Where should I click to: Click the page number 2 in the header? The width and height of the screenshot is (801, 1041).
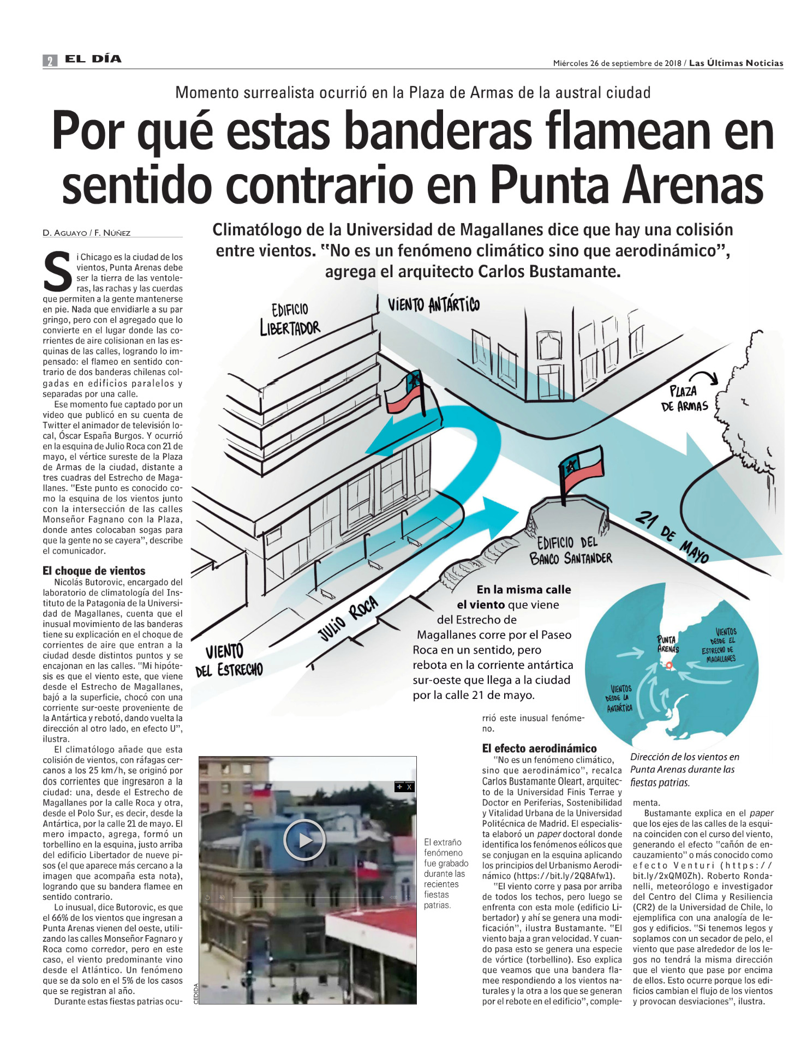[x=50, y=61]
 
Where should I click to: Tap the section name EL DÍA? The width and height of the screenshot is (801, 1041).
[x=93, y=59]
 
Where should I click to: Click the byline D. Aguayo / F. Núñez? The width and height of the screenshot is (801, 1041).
[x=87, y=233]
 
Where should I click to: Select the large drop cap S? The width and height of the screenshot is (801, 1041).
[x=57, y=271]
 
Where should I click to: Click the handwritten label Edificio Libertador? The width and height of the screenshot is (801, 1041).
[x=290, y=319]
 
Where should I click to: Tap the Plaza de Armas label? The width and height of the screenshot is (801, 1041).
[x=684, y=399]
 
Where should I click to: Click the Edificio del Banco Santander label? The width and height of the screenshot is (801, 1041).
[x=570, y=551]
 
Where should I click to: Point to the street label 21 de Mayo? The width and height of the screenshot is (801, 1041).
[x=672, y=537]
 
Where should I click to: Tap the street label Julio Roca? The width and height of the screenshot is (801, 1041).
[x=348, y=619]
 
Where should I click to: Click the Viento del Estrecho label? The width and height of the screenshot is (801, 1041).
[x=229, y=660]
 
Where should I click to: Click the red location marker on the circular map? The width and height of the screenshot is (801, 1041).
[x=669, y=665]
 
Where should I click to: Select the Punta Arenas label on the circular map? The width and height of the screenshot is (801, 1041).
[x=668, y=644]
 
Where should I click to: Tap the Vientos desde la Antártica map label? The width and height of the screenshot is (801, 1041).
[x=620, y=698]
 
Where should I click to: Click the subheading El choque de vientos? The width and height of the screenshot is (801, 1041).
[x=94, y=571]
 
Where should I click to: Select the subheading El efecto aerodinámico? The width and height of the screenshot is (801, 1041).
[x=539, y=748]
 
